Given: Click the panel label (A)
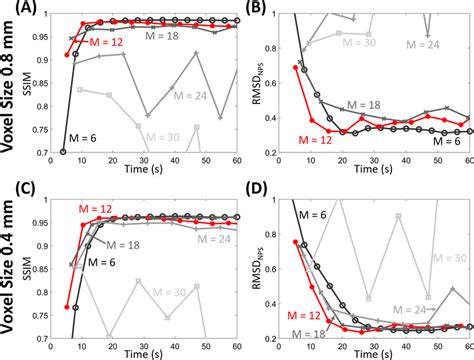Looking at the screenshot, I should click(x=18, y=11).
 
